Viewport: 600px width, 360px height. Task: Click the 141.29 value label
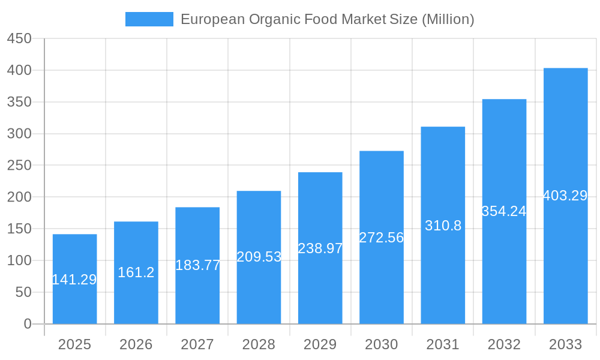point(74,280)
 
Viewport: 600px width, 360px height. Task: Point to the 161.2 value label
point(136,272)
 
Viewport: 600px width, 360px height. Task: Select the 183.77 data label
point(198,265)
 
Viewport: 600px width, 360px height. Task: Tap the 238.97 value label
point(320,248)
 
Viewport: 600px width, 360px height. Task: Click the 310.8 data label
point(443,226)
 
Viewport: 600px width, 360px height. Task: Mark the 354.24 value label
point(504,211)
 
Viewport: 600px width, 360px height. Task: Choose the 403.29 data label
point(565,196)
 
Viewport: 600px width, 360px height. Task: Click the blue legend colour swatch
point(149,19)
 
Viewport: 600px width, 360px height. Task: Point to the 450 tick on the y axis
point(19,38)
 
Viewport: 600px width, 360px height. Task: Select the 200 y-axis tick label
point(19,197)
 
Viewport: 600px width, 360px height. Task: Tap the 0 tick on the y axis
point(28,324)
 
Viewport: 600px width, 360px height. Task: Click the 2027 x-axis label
point(197,344)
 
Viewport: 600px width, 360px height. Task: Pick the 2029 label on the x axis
point(320,344)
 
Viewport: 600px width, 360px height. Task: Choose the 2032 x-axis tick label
point(504,344)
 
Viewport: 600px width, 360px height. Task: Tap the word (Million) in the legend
point(448,19)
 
